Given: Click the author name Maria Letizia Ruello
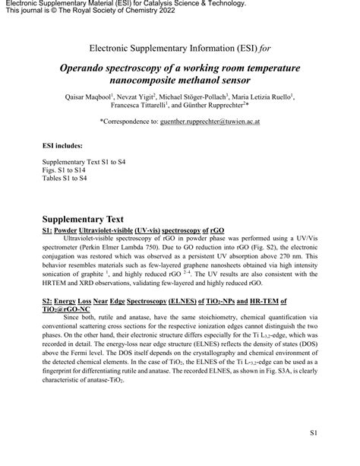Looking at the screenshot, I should click(x=267, y=98).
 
